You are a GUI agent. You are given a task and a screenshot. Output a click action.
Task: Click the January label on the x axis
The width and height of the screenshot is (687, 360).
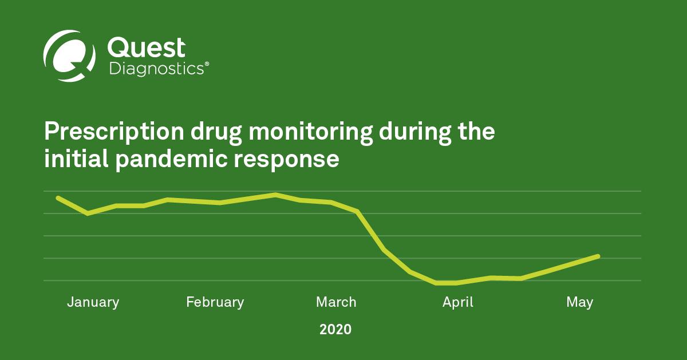[93, 302]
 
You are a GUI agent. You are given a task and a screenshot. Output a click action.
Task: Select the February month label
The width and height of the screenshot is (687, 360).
[215, 302]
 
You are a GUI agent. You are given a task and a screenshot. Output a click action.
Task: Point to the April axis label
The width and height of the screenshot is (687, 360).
[458, 302]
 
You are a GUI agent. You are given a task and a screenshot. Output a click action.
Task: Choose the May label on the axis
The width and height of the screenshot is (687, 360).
[579, 302]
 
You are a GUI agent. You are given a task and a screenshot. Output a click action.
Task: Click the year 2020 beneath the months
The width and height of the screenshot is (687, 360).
[335, 330]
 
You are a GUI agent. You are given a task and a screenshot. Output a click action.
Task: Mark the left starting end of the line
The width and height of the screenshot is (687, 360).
[57, 197]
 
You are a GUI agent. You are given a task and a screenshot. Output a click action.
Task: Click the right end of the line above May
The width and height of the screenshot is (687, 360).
[598, 256]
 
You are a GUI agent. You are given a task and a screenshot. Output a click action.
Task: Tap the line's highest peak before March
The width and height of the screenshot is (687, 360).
[275, 195]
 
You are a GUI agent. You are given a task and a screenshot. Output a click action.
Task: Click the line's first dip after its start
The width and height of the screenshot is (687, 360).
[88, 213]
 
